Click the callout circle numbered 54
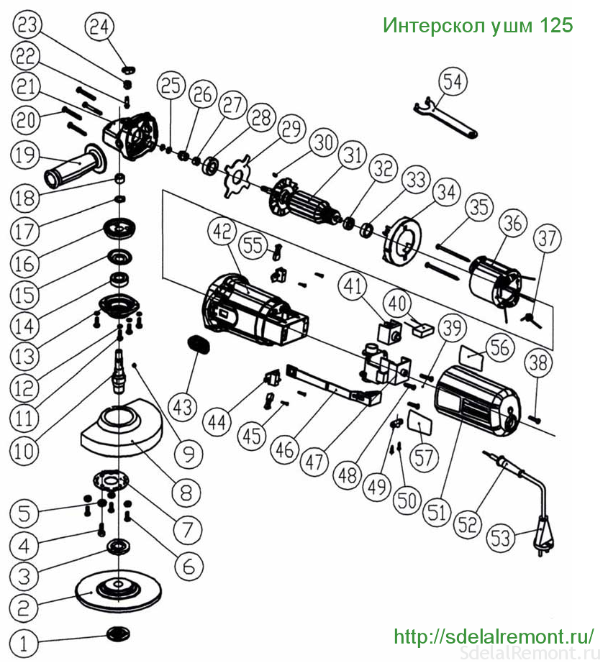(x=452, y=83)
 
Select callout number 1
(x=27, y=643)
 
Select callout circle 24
(x=99, y=27)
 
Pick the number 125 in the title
(x=557, y=26)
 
